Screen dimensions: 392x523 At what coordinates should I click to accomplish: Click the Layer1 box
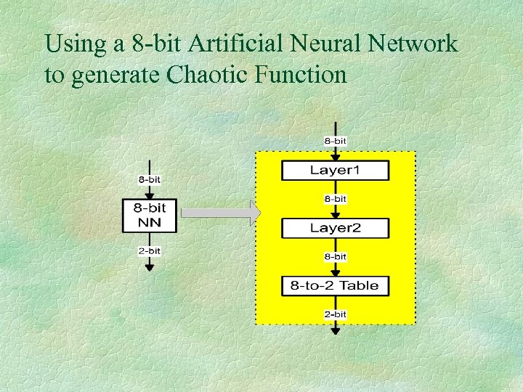[335, 171]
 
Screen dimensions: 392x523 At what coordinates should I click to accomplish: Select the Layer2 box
[335, 228]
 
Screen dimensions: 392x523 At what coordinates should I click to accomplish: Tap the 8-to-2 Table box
[335, 285]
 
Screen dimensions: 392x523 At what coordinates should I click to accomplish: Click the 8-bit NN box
[149, 216]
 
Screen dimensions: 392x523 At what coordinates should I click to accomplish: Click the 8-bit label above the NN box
[149, 179]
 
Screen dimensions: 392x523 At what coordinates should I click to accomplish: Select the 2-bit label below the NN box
[149, 251]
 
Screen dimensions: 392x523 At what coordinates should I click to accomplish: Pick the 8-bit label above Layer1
[335, 139]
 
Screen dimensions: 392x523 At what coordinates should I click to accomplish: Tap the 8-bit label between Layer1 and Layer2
[335, 198]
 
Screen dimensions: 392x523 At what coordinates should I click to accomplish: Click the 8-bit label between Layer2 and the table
[335, 256]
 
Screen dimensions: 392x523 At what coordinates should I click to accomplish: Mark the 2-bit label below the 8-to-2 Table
[335, 314]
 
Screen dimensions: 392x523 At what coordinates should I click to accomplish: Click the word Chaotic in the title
[207, 74]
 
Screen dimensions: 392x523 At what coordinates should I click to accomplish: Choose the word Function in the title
[301, 74]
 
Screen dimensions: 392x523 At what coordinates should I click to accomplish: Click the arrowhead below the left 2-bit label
[149, 266]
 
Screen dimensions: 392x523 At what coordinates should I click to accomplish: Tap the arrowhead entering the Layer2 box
[335, 214]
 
